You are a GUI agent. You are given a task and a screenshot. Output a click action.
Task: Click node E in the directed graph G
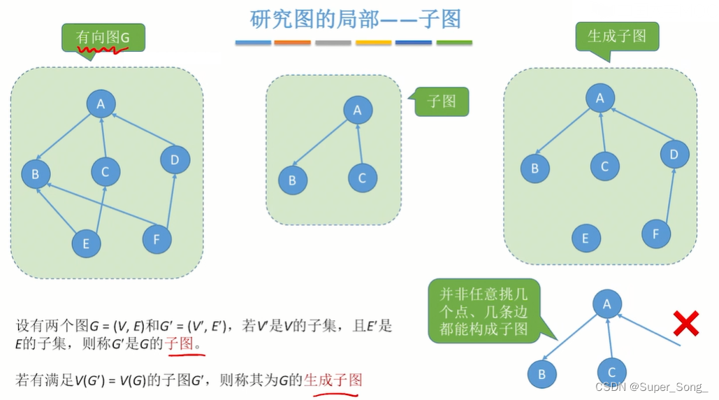coord(86,243)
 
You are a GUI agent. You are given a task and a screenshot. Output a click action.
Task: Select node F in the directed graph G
coord(157,240)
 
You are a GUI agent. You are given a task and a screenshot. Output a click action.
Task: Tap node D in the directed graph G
coord(175,160)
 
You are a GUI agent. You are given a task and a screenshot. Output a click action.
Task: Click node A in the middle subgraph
coord(358,110)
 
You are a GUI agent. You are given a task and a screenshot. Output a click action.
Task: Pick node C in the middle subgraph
coord(362,178)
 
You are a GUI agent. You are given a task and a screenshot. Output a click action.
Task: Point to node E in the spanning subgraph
coord(586,238)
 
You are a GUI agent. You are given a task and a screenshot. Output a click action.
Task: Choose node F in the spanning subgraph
coord(655,234)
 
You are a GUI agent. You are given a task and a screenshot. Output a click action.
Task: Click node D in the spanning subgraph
coord(674,155)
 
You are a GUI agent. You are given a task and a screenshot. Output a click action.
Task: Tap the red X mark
coord(686,324)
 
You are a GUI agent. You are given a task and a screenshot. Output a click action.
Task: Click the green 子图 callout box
coord(441,101)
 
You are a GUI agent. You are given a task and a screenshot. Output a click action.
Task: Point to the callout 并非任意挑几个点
coord(484,310)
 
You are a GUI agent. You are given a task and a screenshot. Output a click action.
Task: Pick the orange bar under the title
coord(293,43)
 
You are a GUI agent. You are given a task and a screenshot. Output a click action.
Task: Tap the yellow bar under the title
coord(373,43)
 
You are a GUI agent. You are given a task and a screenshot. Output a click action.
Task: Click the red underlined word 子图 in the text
coord(186,345)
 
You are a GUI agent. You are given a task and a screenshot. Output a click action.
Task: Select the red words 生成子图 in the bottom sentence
coord(333,380)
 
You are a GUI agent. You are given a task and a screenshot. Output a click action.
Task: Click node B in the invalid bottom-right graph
coord(542,374)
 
